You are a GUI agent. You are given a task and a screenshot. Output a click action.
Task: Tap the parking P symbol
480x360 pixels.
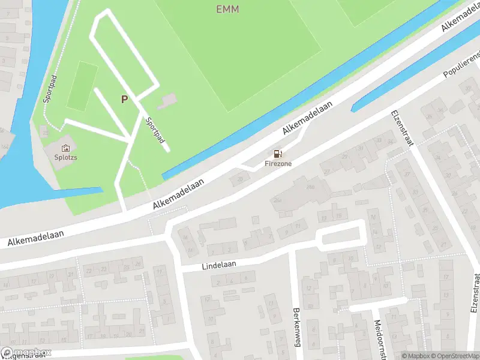124,100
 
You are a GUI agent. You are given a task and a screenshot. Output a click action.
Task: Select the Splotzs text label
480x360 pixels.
65,158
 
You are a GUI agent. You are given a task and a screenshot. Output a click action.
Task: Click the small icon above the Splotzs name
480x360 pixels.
65,148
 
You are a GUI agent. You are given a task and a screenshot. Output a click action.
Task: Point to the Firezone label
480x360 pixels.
278,163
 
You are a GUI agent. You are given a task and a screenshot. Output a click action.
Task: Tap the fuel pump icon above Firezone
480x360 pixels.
278,154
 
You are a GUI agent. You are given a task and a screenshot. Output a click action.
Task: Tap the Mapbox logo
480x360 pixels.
26,353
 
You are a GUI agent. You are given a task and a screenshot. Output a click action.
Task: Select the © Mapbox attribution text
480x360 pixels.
415,355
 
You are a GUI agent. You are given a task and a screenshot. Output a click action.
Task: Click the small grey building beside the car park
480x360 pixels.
170,99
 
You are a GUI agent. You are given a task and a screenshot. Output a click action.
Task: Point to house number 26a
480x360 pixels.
277,200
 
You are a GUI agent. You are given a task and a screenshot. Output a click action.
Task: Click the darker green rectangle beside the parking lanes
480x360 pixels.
82,86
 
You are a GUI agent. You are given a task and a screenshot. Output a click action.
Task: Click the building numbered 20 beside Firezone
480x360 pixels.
241,178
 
